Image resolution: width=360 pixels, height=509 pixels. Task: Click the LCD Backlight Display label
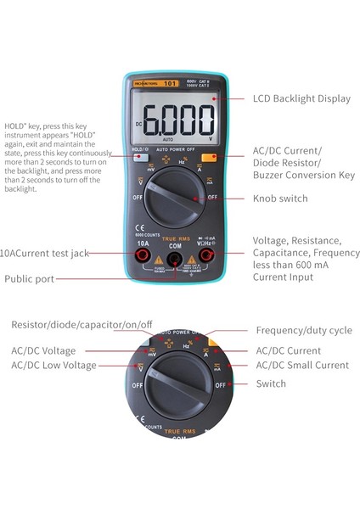(301, 98)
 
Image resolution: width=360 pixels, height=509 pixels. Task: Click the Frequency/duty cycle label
(301, 330)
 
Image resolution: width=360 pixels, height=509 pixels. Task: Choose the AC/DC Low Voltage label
(53, 366)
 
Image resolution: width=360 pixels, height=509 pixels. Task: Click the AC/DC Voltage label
(43, 350)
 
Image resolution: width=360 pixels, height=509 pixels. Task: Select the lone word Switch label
(271, 383)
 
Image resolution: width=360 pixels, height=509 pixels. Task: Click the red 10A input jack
(143, 254)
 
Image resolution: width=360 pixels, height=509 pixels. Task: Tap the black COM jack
(174, 257)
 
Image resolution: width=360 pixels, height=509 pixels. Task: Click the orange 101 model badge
(170, 84)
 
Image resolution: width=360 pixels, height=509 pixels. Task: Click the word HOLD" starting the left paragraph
(16, 123)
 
